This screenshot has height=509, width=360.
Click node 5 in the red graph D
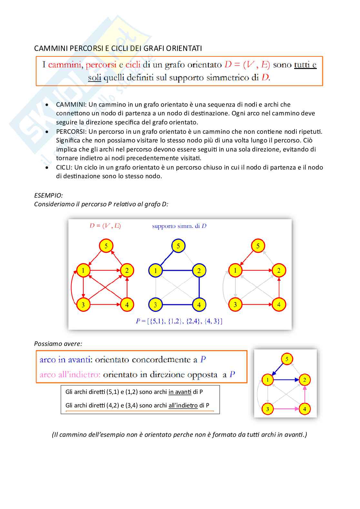point(106,246)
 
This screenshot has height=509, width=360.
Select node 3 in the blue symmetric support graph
point(155,305)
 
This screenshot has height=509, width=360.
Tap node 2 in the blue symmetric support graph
point(199,271)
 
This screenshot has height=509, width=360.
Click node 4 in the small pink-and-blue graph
point(305,409)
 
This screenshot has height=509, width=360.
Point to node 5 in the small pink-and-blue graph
point(287,359)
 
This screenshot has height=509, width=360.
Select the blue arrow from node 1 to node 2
point(286,380)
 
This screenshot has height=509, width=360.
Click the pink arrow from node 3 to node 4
point(286,409)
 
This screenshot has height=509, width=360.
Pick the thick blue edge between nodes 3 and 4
point(177,305)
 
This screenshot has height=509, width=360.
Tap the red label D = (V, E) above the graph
point(105,226)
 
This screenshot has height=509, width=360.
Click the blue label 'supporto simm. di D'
point(179,226)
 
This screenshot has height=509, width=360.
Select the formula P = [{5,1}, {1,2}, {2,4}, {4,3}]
point(179,321)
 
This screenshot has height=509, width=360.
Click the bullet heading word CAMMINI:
point(71,104)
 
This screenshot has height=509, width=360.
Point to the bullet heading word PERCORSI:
point(72,132)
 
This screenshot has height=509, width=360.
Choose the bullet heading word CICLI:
point(64,167)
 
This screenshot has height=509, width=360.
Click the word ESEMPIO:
point(48,195)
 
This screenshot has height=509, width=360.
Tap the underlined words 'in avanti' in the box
point(180,392)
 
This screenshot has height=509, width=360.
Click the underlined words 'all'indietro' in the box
point(183,406)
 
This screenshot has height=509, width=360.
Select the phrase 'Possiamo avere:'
point(58,344)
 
